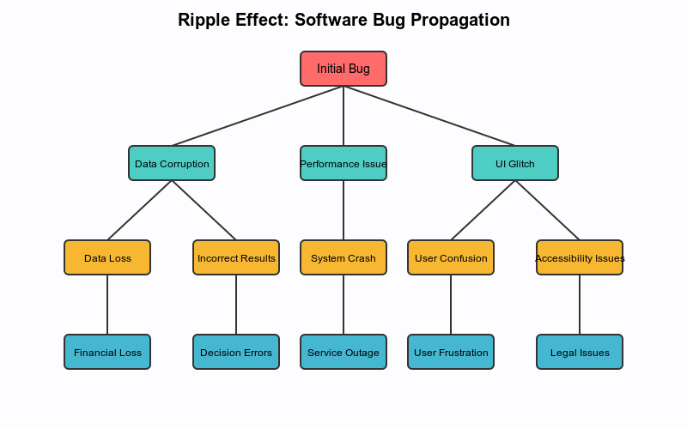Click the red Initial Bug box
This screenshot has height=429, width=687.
pos(343,69)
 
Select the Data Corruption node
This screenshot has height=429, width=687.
pos(172,163)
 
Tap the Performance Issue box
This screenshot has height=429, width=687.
pos(343,163)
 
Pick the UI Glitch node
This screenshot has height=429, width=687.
pos(515,163)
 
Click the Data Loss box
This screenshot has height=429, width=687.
pos(107,257)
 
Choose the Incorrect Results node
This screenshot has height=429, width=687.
pos(236,257)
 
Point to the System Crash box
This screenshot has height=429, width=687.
pos(343,257)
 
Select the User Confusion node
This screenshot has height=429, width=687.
pos(451,257)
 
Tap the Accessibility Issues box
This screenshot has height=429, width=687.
pos(580,257)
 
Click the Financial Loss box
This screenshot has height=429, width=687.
pos(107,352)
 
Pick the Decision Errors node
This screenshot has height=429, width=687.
pos(236,352)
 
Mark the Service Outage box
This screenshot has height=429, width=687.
pos(343,352)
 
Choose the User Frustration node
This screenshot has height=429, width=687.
pos(451,352)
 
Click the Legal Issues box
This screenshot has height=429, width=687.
pos(580,352)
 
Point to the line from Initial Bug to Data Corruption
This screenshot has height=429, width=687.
pos(258,116)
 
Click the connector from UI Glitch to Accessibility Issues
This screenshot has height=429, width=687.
pos(547,210)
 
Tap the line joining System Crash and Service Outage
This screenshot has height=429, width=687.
pos(343,305)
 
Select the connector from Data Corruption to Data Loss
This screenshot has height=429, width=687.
pos(140,210)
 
